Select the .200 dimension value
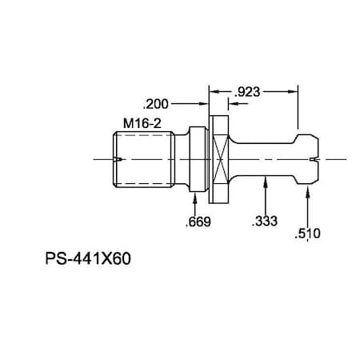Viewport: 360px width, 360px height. [155, 103]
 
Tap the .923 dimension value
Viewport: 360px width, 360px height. [248, 92]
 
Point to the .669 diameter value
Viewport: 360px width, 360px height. [198, 222]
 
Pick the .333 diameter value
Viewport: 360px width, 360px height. [265, 222]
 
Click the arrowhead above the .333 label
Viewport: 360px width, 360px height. [265, 182]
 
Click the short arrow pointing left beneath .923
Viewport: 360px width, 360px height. [214, 92]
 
